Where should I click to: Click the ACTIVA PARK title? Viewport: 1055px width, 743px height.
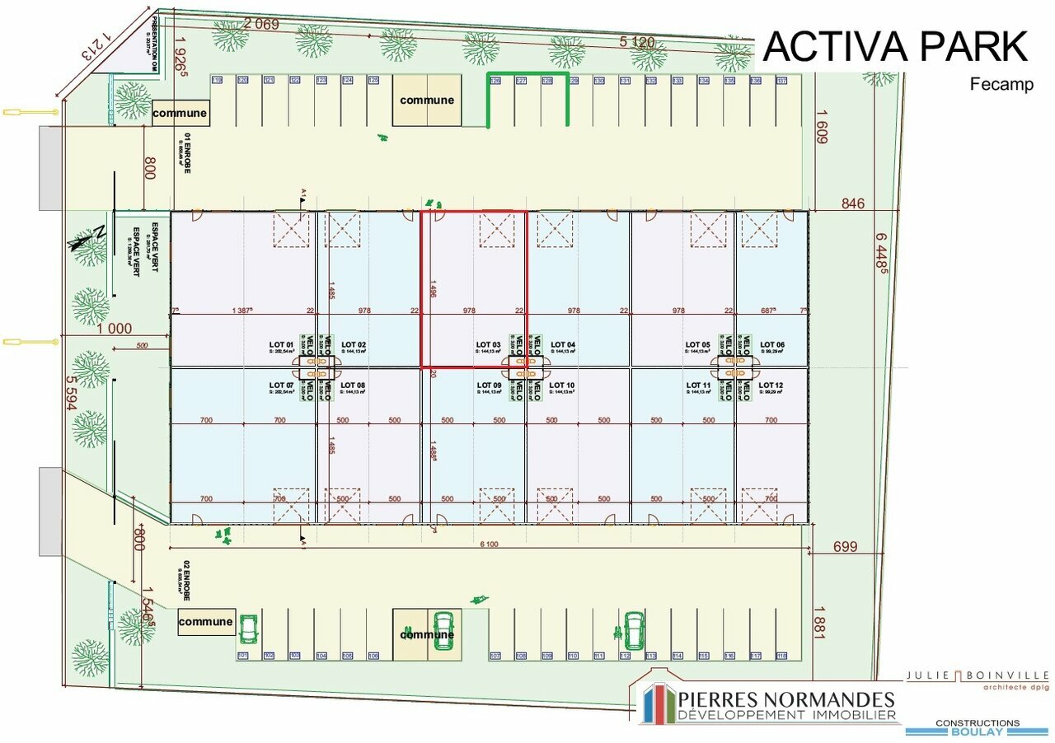click(895, 46)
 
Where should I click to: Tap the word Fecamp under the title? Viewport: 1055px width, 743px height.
click(1001, 84)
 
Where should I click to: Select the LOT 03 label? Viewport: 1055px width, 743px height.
click(489, 345)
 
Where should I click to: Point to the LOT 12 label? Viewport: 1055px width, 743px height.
click(771, 385)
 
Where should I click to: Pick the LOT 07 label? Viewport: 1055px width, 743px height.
click(282, 385)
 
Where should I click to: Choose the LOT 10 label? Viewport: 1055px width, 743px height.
click(561, 385)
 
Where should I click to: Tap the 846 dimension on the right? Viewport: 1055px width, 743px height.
click(853, 203)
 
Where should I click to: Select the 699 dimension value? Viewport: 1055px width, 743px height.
click(845, 546)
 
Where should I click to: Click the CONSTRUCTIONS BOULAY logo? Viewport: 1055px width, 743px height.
click(977, 727)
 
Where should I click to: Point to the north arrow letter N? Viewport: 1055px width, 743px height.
click(99, 231)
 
